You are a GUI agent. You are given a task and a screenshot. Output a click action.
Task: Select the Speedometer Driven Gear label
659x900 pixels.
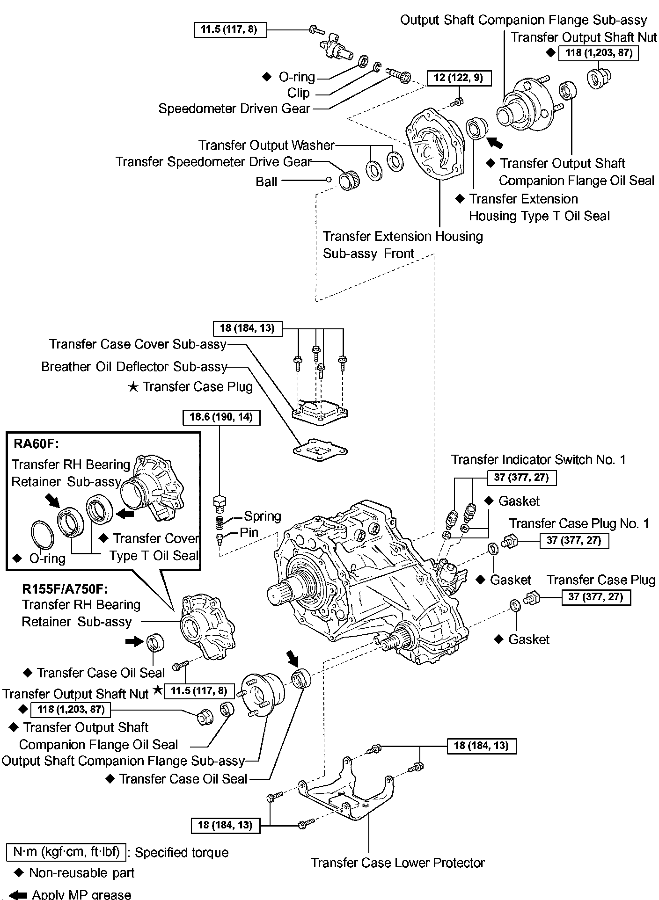point(234,109)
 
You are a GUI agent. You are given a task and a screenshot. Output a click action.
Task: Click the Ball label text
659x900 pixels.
point(266,181)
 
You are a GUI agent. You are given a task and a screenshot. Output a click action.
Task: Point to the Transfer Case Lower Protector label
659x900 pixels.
point(398,863)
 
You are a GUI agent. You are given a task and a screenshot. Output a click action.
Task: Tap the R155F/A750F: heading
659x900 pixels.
point(65,588)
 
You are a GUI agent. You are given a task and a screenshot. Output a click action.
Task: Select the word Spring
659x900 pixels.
point(263,516)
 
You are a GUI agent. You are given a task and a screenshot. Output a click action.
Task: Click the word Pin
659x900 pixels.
point(249,532)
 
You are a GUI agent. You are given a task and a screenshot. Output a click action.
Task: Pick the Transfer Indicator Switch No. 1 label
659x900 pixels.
point(538,460)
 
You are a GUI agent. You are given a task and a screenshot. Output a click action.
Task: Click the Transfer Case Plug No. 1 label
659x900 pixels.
point(579,523)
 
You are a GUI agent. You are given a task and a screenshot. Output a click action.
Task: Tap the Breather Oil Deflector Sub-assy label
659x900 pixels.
point(134,367)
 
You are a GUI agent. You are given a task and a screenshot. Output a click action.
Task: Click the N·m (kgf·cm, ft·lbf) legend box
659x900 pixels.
point(66,852)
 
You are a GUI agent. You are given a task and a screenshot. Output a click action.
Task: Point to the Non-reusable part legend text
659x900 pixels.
point(81,873)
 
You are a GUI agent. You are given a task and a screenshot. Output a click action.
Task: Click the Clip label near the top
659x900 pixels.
point(299,93)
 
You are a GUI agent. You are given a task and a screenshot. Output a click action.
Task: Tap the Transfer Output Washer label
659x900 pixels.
point(266,145)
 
